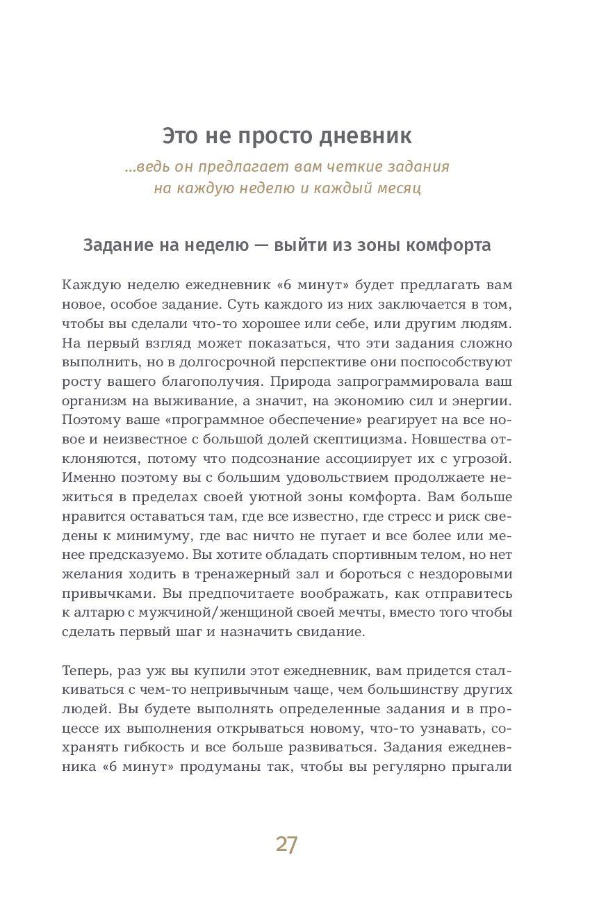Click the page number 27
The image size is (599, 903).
pyautogui.click(x=286, y=844)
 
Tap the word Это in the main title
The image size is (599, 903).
pyautogui.click(x=179, y=135)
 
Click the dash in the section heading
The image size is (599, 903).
pyautogui.click(x=261, y=246)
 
